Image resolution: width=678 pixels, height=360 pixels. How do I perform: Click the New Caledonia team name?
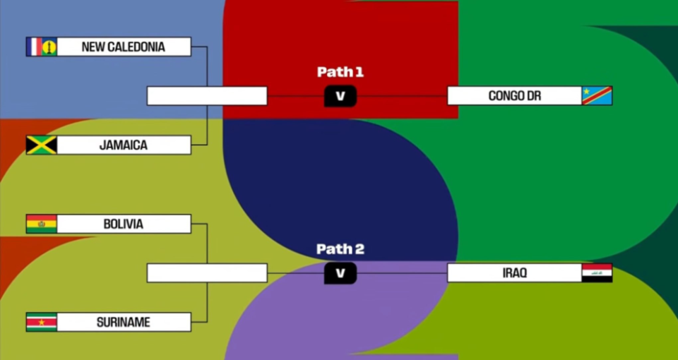(x=124, y=47)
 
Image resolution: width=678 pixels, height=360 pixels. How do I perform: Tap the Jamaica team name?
(x=124, y=145)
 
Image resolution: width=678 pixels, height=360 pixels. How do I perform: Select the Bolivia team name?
(x=124, y=224)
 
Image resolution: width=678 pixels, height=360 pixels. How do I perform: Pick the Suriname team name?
(x=124, y=323)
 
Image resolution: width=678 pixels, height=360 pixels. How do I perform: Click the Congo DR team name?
(x=514, y=96)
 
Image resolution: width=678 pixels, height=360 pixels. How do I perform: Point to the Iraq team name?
(x=514, y=273)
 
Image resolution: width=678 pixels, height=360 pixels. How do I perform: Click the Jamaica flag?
(x=41, y=145)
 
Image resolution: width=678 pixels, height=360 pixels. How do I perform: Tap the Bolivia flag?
(x=41, y=224)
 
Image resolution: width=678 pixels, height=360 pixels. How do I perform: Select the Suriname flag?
(x=41, y=323)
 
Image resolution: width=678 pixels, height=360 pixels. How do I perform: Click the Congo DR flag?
(x=597, y=96)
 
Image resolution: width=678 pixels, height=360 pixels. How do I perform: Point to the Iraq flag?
(x=597, y=273)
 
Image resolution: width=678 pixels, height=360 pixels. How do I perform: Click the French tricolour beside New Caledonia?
(x=33, y=47)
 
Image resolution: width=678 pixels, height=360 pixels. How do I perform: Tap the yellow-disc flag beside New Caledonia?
(x=49, y=47)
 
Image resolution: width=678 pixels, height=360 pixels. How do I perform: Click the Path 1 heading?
(x=340, y=72)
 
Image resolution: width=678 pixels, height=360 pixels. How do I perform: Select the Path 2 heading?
(x=340, y=249)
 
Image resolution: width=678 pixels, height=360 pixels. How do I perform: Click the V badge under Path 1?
(x=340, y=96)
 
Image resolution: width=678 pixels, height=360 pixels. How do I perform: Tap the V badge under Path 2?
(x=340, y=273)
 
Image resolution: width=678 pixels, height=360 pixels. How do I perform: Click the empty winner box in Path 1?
(x=207, y=96)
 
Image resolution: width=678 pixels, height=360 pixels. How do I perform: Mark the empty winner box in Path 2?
(x=207, y=273)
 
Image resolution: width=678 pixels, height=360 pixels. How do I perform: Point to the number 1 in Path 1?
(x=359, y=72)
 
